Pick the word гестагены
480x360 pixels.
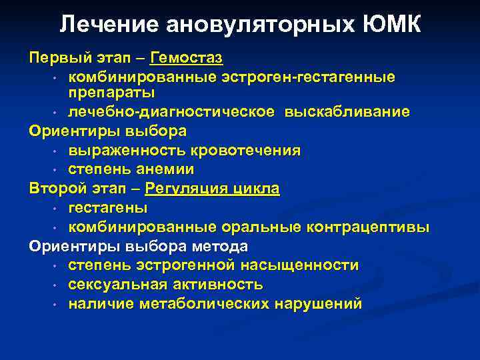pos(108,208)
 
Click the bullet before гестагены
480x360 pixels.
pos(52,209)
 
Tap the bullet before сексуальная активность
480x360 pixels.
pos(52,285)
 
